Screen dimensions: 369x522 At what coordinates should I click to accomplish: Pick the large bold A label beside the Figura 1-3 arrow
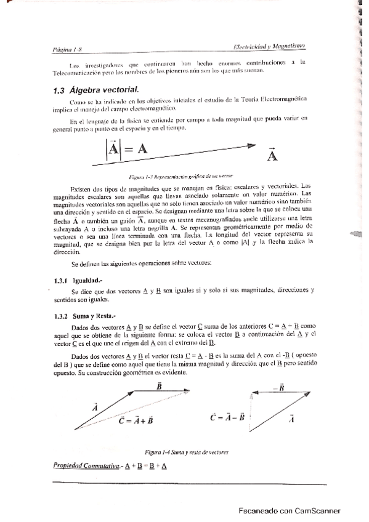point(273,155)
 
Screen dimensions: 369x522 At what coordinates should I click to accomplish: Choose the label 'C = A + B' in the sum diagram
point(136,421)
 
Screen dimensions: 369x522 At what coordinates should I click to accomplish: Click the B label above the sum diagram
point(159,386)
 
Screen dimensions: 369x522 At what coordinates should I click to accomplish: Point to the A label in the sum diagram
point(95,406)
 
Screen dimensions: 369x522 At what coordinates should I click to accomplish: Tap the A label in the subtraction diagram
point(291,418)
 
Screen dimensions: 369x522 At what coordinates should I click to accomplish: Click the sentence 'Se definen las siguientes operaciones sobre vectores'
point(142,264)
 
